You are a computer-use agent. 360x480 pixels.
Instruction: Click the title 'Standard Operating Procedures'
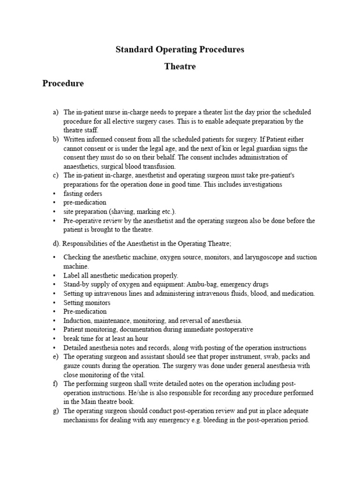(180, 49)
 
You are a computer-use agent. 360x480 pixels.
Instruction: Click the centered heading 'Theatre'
(180, 67)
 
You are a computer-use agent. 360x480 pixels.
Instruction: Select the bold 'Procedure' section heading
(63, 84)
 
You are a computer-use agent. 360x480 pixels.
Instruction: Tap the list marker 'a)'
(55, 112)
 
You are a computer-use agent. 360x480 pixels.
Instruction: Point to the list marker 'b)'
(55, 139)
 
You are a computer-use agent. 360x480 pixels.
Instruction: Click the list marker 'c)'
(55, 175)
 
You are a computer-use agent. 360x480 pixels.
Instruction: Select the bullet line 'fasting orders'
(83, 194)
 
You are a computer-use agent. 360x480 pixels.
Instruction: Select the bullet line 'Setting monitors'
(87, 303)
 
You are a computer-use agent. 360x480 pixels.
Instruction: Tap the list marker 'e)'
(55, 357)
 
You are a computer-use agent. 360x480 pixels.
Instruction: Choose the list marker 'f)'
(55, 384)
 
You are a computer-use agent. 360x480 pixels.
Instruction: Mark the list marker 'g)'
(55, 411)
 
